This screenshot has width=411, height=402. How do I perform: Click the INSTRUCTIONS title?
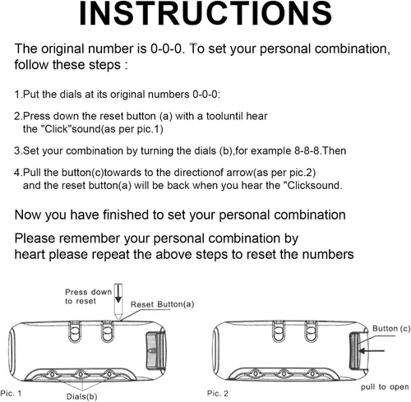[x=205, y=14]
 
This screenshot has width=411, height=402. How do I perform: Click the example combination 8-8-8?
[x=307, y=150]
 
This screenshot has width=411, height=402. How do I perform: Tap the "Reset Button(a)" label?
[x=163, y=304]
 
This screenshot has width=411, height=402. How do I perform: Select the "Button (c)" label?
[x=391, y=329]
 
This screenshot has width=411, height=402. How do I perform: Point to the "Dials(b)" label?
[x=81, y=396]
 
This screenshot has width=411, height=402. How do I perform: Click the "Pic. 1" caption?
[x=11, y=394]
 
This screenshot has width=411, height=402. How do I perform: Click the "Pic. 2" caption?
[x=218, y=394]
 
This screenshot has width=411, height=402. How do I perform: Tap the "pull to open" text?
[x=385, y=387]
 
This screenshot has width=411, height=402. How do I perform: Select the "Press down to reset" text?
[x=88, y=297]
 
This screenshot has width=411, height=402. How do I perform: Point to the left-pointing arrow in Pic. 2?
[x=372, y=350]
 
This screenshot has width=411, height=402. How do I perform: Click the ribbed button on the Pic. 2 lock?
[x=355, y=350]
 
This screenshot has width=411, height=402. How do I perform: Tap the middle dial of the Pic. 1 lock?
[x=80, y=374]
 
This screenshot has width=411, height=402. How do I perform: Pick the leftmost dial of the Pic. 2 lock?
[x=256, y=373]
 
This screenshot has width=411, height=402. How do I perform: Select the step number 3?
[x=17, y=151]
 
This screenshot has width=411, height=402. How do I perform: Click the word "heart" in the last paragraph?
[x=30, y=254]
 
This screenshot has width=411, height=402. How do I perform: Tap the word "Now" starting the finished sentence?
[x=27, y=215]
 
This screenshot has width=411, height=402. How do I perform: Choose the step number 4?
[x=17, y=173]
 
